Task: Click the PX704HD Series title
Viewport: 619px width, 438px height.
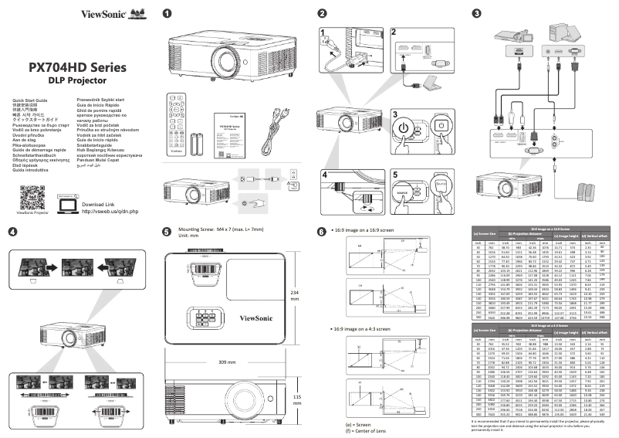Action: point(77,67)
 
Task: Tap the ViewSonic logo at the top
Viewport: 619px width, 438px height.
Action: point(93,14)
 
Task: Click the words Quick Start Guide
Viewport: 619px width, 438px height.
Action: point(30,100)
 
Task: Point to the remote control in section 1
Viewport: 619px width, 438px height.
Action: point(177,120)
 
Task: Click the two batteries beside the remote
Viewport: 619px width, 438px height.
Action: point(200,144)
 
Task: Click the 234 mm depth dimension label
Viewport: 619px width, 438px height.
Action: point(294,297)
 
